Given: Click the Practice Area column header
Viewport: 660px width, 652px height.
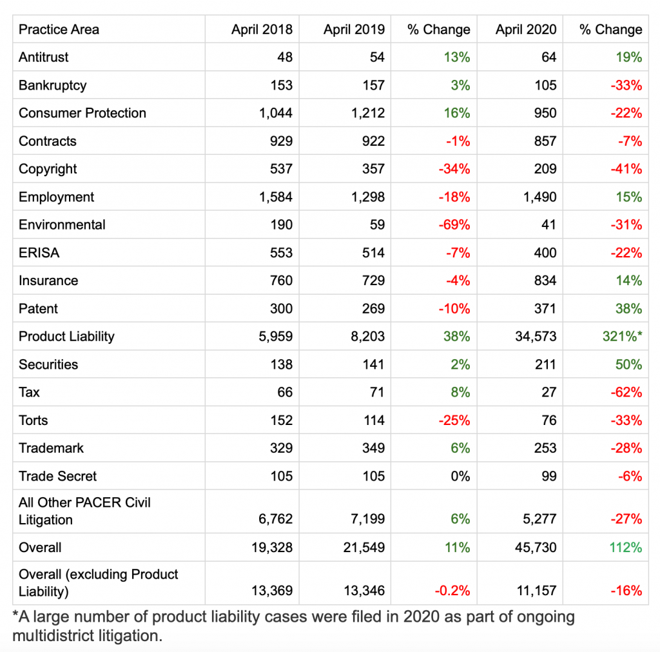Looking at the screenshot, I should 59,30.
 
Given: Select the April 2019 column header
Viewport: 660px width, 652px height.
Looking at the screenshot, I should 354,30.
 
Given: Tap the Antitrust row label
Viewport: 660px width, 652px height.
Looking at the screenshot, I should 44,57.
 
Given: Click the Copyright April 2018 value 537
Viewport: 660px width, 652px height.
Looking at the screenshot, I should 280,169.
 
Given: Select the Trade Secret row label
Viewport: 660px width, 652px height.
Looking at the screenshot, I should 57,477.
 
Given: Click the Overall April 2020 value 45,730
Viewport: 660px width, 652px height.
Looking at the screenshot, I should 534,548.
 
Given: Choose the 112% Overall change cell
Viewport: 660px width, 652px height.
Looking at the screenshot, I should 626,548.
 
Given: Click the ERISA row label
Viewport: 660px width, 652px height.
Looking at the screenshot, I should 39,253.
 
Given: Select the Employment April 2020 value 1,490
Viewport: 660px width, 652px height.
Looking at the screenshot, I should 538,197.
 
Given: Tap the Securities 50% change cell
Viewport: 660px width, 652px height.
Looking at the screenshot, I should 628,364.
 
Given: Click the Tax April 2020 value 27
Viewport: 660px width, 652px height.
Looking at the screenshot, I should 548,392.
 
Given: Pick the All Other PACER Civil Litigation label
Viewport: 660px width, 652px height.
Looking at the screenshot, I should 84,511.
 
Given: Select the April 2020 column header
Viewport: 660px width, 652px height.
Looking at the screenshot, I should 526,30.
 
